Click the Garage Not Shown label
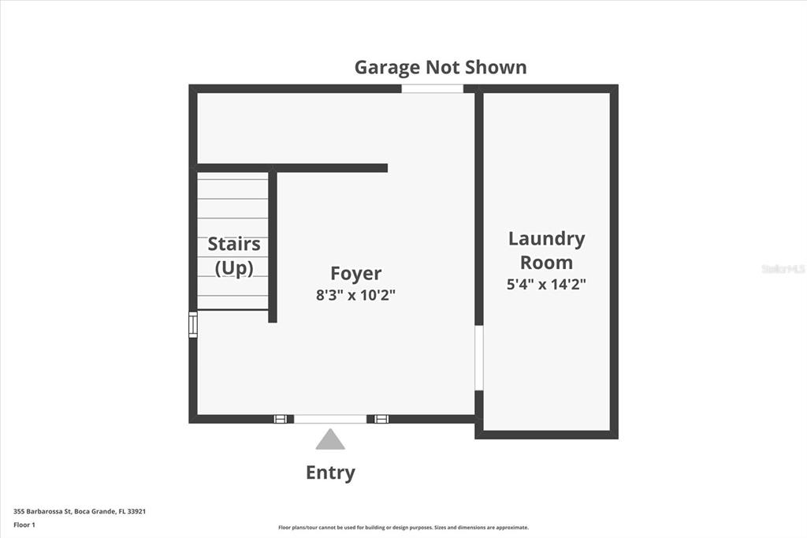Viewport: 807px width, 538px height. point(441,68)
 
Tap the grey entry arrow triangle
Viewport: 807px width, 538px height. point(330,439)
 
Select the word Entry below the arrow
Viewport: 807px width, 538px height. point(330,473)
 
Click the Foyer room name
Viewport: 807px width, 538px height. point(355,274)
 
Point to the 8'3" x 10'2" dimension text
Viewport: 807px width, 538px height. point(355,295)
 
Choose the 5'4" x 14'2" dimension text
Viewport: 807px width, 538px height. point(547,284)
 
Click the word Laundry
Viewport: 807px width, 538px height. point(547,239)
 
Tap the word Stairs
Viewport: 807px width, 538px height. point(234,244)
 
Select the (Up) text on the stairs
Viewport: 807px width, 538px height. point(234,268)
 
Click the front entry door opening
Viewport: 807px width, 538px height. point(330,419)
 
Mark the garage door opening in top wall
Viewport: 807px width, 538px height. point(433,88)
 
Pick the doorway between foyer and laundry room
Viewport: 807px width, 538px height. point(479,357)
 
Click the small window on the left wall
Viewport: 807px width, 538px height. point(193,325)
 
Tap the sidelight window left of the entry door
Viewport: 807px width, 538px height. point(280,419)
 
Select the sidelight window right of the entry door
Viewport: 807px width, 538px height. point(381,419)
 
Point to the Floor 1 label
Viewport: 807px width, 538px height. point(24,525)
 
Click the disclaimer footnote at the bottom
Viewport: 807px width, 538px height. point(403,528)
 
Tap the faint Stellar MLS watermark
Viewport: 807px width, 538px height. point(783,268)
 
